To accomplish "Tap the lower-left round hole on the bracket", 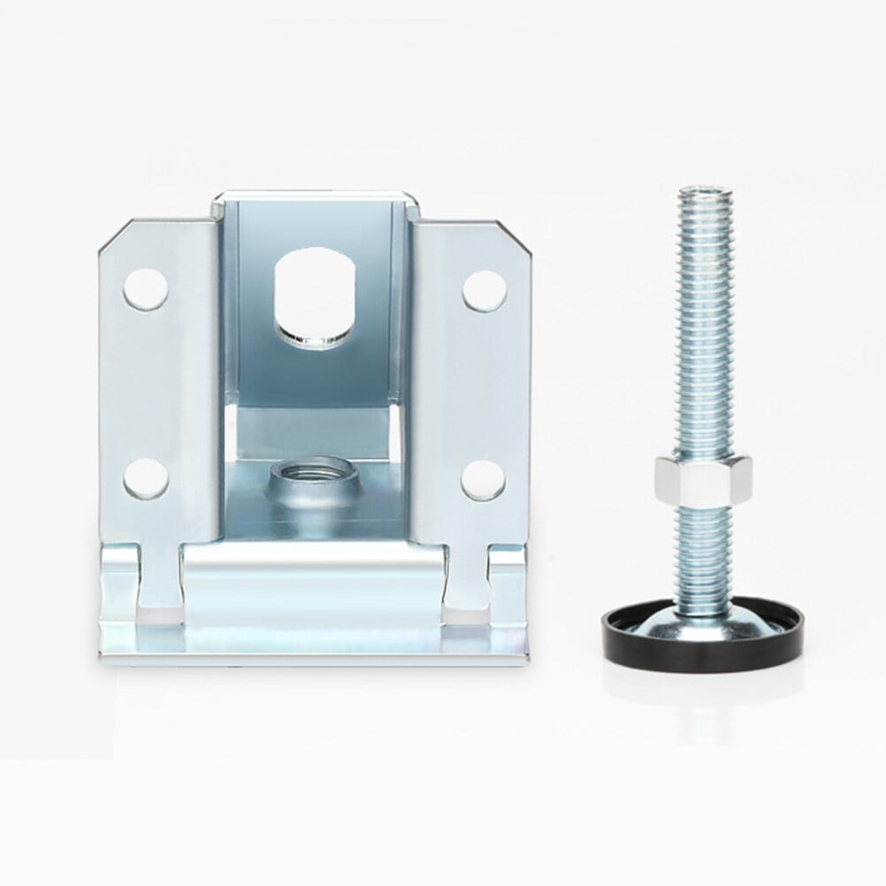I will pos(145,478).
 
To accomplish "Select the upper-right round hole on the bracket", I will pos(485,291).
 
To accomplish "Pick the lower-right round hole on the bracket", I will pos(483,478).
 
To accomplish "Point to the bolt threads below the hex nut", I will pos(703,548).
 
